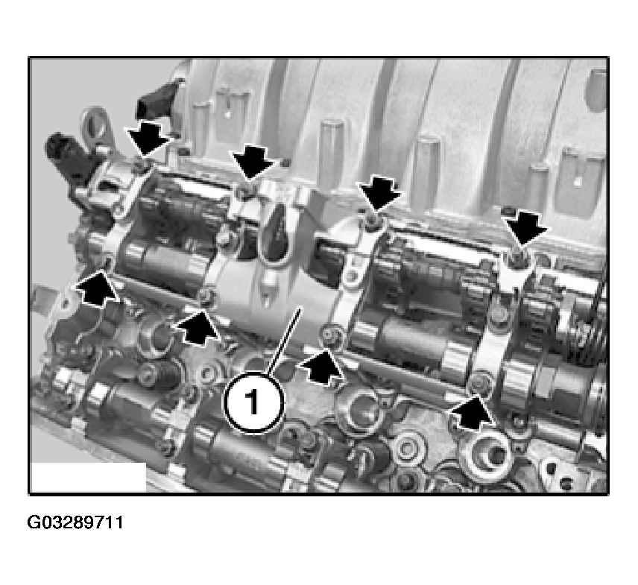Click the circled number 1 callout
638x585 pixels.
coord(253,402)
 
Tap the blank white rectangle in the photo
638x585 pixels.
coord(88,477)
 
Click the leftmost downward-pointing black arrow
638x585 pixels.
coord(147,139)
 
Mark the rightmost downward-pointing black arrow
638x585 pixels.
coord(525,230)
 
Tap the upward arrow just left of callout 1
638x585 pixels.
coord(197,328)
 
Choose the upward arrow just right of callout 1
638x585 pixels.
coord(321,368)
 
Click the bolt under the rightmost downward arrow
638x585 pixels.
coord(516,258)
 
